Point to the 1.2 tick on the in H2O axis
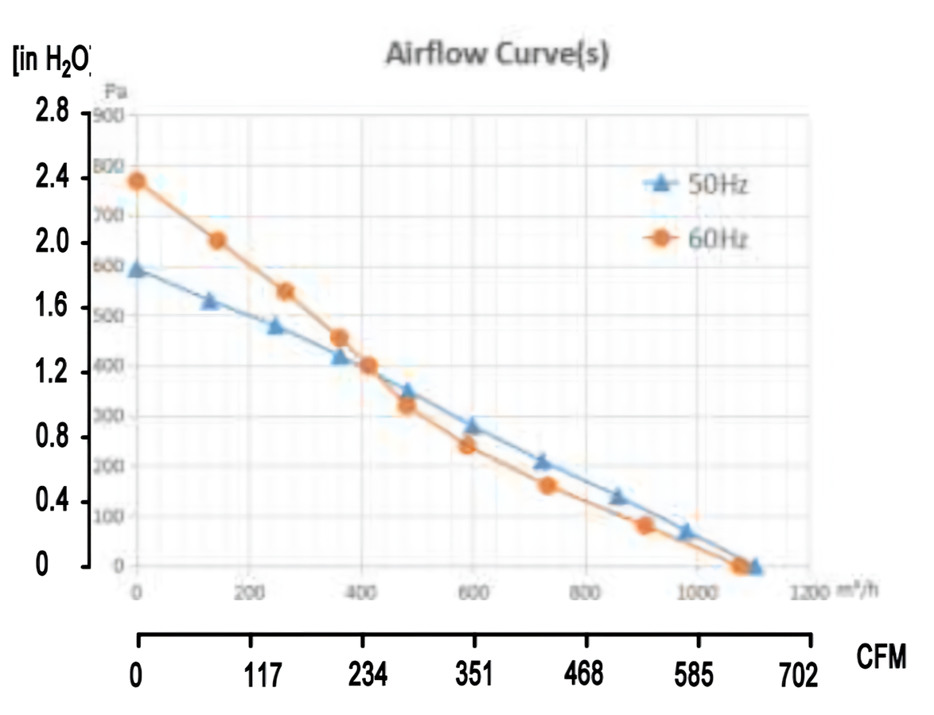53,372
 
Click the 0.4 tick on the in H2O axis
53,502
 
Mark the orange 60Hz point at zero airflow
137,181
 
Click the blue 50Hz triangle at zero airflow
137,270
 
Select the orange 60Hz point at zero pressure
740,566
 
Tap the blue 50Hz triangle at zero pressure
755,567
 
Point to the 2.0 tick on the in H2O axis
53,243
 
